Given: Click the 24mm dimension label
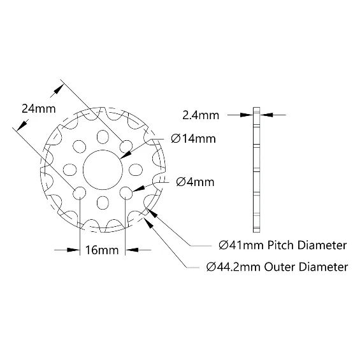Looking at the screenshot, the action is (39, 108).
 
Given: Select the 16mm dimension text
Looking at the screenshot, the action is (102, 250).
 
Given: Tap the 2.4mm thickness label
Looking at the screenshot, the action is (201, 115).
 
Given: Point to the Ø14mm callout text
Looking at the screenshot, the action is (193, 139).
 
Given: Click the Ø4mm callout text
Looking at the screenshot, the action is (195, 182).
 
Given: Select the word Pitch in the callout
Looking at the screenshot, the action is (281, 245).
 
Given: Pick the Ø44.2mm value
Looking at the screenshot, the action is (233, 267).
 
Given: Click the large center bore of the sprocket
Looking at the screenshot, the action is (103, 170).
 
